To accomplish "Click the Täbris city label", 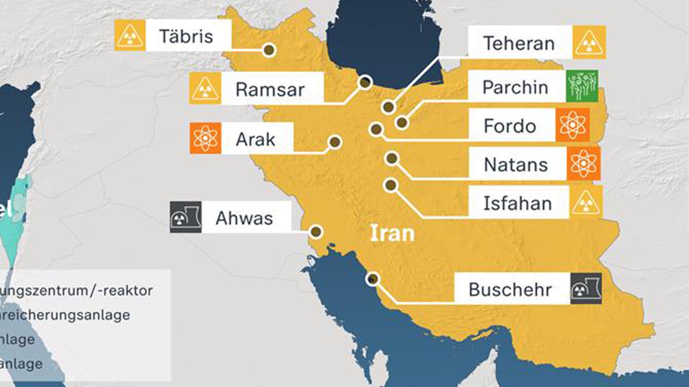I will click(186, 36).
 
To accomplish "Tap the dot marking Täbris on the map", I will click(269, 50).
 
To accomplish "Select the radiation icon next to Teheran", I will click(589, 43).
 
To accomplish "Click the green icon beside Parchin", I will click(582, 86).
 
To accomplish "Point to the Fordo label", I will click(510, 126).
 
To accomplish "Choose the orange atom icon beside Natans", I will click(583, 163).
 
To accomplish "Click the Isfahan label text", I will click(517, 203).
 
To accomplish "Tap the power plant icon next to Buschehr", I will click(586, 289).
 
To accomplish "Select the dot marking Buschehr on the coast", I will click(373, 279).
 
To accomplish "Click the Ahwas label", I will click(244, 218).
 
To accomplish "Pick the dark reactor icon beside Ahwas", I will click(186, 217).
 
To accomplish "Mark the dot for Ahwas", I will click(316, 232).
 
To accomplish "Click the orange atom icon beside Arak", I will click(205, 138).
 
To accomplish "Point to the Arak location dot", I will click(335, 142).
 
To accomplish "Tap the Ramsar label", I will click(270, 89).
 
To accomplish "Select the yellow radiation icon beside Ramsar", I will click(205, 89).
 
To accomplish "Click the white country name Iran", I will click(392, 233).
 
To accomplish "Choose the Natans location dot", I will click(392, 158).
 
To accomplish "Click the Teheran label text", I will click(519, 43).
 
